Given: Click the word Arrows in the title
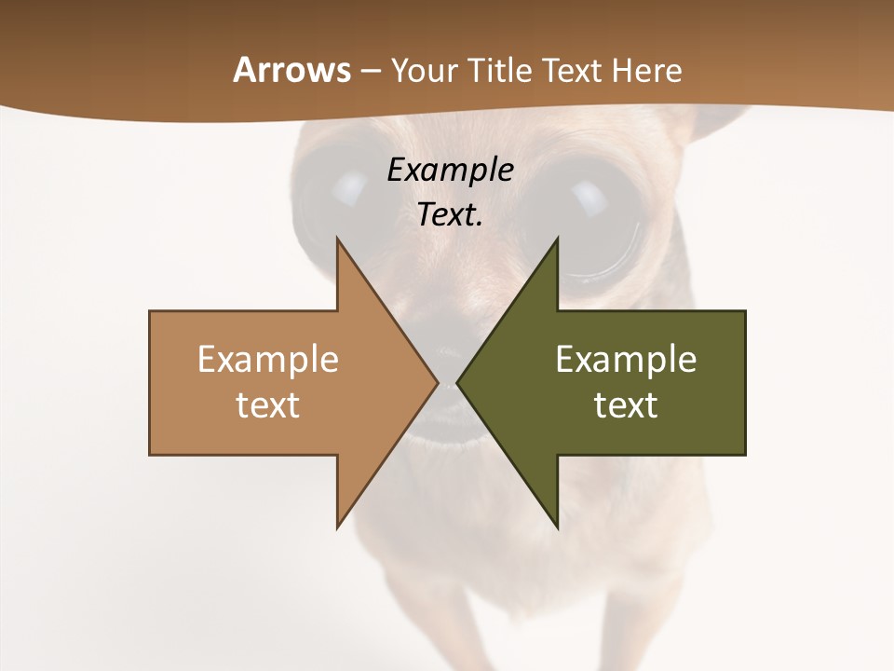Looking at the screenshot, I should (x=291, y=70).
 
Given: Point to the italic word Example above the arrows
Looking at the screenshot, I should (x=450, y=171).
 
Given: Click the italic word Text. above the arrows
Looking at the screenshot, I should (x=450, y=215).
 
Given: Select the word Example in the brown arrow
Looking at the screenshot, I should (x=267, y=360).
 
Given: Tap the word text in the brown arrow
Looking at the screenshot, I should (x=267, y=405).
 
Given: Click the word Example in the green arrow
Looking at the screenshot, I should (x=626, y=360).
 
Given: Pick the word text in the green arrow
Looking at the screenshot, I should (x=626, y=405).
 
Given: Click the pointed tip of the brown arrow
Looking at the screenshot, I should (x=436, y=382).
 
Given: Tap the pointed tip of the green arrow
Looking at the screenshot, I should (x=459, y=382).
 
